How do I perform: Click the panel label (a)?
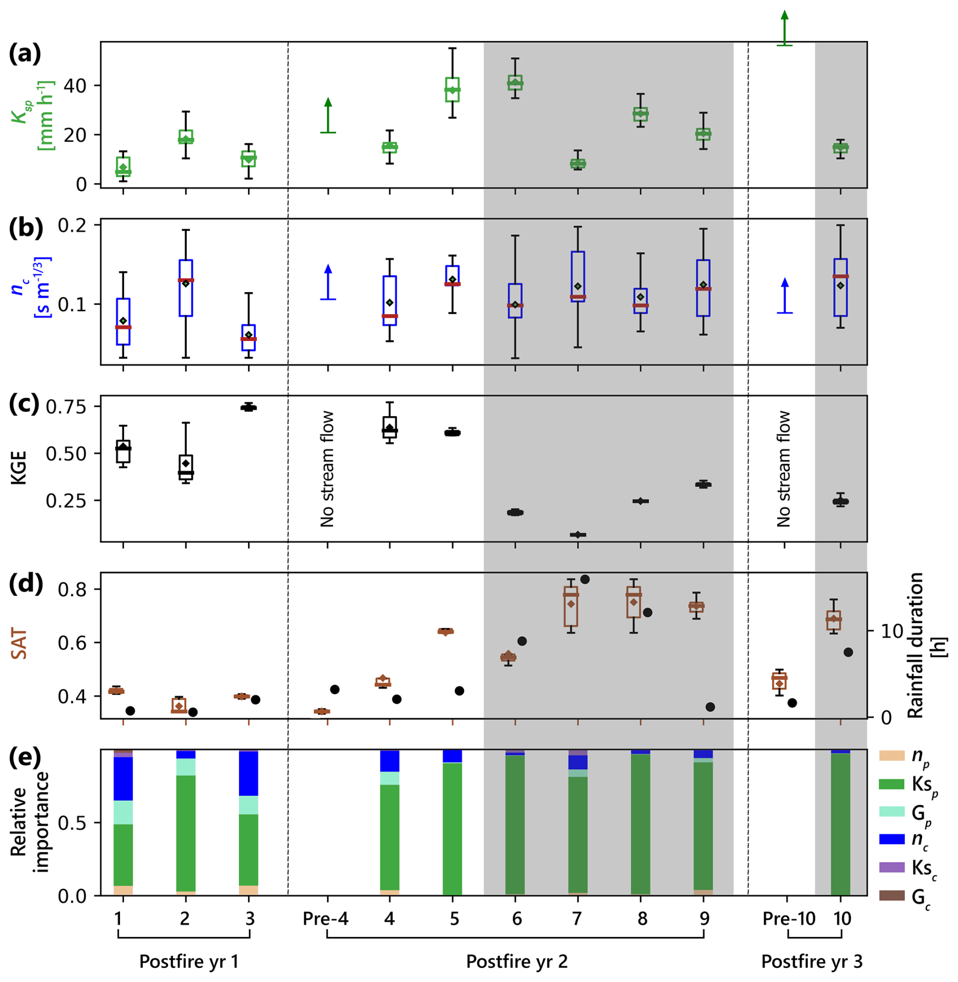tap(24, 54)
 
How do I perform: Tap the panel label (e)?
tap(24, 757)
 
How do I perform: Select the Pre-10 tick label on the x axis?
tap(788, 918)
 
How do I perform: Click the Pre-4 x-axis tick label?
tap(326, 918)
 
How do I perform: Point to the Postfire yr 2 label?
tap(516, 961)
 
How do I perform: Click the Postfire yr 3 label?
tap(812, 961)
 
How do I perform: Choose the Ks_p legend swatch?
tap(892, 784)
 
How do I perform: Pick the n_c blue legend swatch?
tap(892, 839)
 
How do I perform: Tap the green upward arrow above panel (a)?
tap(784, 28)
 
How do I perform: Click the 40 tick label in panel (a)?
tap(75, 86)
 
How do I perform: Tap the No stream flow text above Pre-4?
tap(327, 469)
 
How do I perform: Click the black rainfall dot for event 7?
tap(585, 580)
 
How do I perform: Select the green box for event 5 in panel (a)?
tap(452, 90)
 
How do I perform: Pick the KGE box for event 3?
tap(249, 407)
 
